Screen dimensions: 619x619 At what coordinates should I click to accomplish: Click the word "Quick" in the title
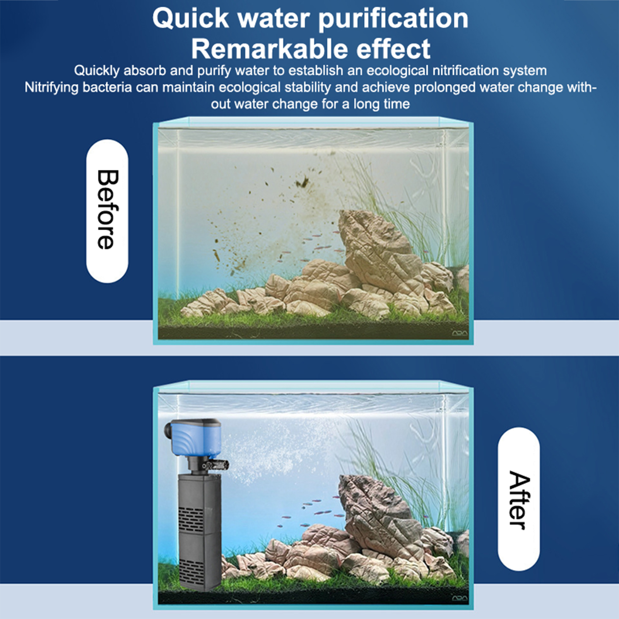191,19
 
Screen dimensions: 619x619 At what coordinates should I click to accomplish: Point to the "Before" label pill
107,211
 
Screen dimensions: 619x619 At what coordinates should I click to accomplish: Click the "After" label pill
519,499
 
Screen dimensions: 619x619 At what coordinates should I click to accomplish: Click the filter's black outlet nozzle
216,463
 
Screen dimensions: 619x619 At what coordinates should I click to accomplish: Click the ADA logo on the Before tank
460,333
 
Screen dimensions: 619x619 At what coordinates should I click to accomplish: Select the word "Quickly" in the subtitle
97,71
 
